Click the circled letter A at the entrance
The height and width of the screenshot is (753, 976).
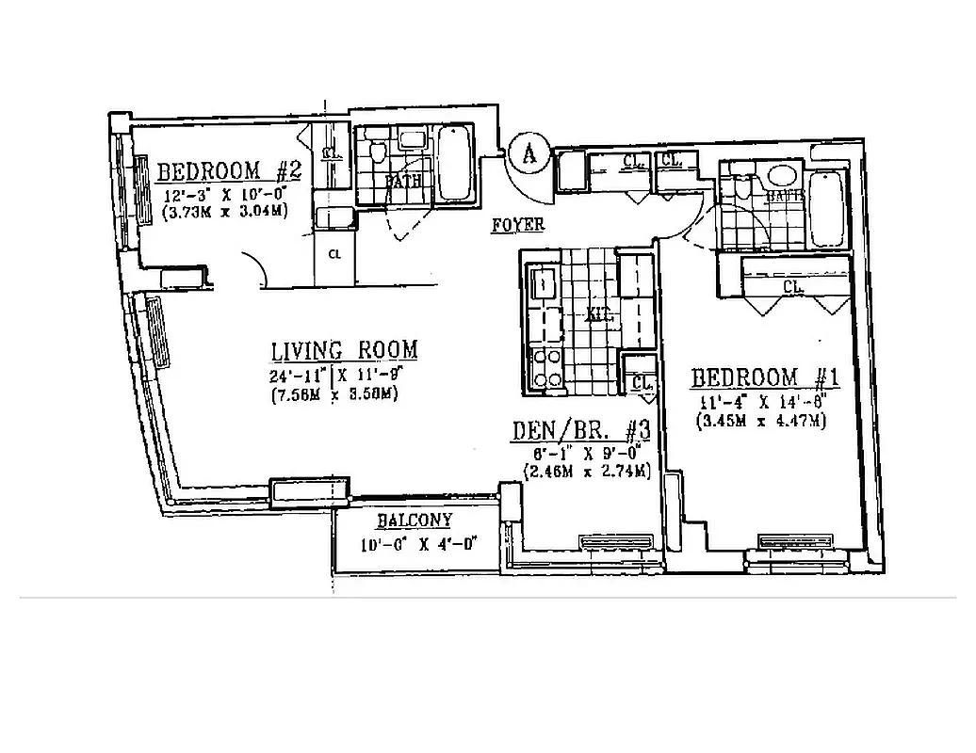click(x=529, y=152)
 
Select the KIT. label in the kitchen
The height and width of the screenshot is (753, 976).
click(x=601, y=316)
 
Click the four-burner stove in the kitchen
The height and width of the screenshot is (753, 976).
click(x=547, y=368)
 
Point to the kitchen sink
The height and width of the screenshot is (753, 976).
click(x=545, y=283)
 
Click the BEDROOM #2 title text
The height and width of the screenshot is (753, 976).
click(x=228, y=171)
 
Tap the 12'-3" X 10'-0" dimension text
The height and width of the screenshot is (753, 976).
click(x=221, y=196)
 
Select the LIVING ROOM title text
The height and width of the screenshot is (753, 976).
click(x=344, y=351)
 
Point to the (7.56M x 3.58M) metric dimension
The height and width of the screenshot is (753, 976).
click(x=333, y=394)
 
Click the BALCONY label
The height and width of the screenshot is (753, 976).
click(x=415, y=521)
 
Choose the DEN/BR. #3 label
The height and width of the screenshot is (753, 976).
click(x=580, y=430)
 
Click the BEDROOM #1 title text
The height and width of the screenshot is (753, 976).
click(x=765, y=378)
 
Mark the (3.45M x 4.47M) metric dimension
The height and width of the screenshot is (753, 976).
click(x=761, y=421)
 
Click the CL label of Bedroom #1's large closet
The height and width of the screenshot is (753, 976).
click(x=792, y=286)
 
